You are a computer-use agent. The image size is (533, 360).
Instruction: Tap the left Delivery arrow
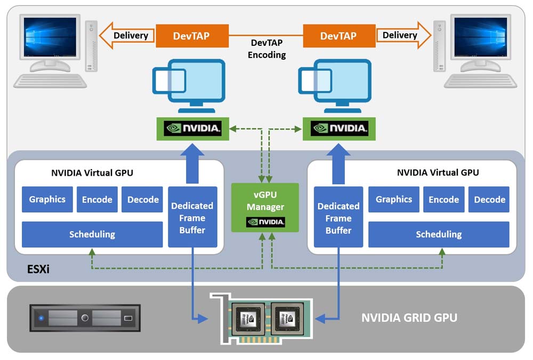click(x=127, y=36)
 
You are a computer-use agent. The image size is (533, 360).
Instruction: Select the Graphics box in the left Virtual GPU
click(x=47, y=200)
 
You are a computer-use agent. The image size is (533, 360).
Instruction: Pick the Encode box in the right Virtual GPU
click(x=443, y=200)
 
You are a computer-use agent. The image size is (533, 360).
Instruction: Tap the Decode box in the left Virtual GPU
click(x=143, y=200)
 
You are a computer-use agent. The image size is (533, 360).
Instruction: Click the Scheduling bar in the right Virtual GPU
click(x=438, y=234)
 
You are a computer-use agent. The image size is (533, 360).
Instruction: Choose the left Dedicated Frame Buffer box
click(x=192, y=217)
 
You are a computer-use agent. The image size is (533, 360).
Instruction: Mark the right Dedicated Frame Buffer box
click(x=338, y=217)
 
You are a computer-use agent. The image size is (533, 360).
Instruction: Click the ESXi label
click(x=38, y=269)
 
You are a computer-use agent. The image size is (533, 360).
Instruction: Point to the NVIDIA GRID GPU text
click(x=409, y=318)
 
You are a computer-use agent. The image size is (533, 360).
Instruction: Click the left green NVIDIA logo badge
click(x=193, y=128)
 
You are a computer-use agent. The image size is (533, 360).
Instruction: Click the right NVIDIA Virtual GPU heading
click(x=438, y=173)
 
